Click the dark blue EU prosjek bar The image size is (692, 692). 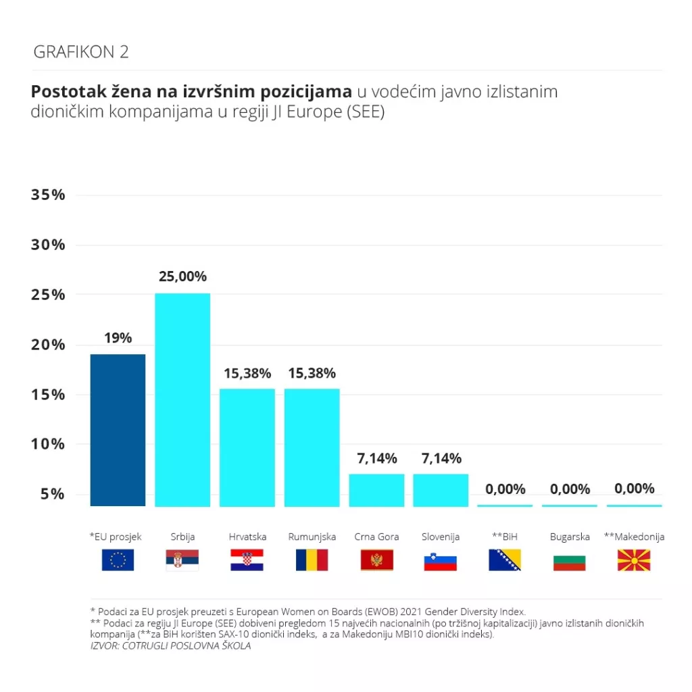[118, 430]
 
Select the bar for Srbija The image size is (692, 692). [182, 399]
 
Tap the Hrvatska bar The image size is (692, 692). [247, 447]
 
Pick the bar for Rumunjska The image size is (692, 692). [312, 447]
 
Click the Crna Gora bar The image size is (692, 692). [376, 490]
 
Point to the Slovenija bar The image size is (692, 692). [441, 490]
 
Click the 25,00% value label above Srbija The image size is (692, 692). [182, 276]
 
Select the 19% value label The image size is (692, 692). [118, 338]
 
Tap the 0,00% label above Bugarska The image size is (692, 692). [570, 489]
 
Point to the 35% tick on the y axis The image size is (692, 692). [49, 195]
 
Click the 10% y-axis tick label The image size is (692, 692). [49, 444]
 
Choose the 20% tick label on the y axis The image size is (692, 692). [49, 345]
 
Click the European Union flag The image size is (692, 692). [118, 560]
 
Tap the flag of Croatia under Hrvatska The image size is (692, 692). [247, 560]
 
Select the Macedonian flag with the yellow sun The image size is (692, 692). [634, 560]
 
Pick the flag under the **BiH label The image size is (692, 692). [505, 560]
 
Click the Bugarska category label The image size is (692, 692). [570, 537]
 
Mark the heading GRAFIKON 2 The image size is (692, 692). [81, 52]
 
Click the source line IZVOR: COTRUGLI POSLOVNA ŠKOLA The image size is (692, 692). [171, 646]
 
